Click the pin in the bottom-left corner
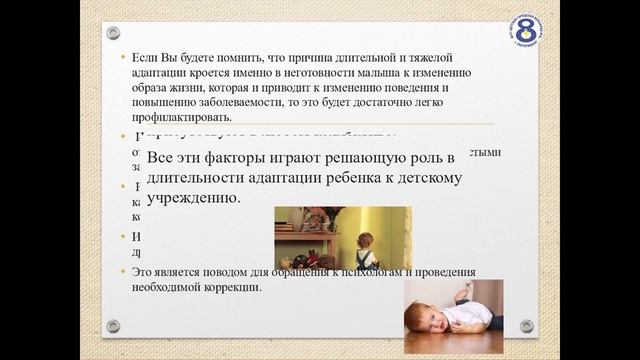(113, 326)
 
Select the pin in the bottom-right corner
(527, 326)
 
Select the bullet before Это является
(123, 273)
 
